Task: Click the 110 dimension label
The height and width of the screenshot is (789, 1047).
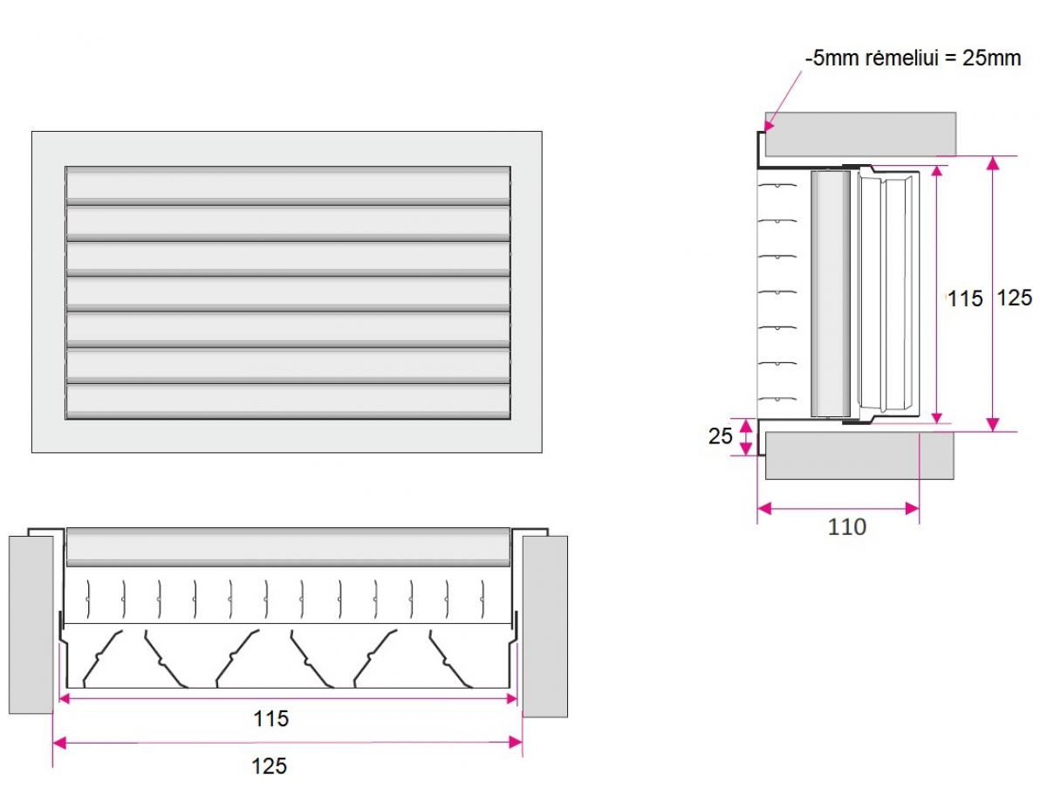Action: (846, 527)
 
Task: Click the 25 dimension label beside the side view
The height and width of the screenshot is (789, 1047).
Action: (720, 436)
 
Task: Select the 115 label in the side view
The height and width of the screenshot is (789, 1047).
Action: (964, 299)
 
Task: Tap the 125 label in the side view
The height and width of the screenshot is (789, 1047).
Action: (1015, 298)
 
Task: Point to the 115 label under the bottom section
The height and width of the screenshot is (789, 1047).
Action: (271, 718)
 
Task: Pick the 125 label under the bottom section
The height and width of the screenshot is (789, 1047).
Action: (269, 766)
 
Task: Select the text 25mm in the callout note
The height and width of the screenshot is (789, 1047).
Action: (991, 58)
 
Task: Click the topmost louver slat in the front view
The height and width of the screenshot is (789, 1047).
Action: (288, 185)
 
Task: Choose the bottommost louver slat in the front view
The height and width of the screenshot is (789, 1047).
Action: (288, 401)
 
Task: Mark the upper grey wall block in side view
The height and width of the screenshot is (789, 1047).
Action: (860, 134)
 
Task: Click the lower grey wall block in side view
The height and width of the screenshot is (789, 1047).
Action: (859, 456)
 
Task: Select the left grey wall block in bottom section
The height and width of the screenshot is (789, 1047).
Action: (31, 625)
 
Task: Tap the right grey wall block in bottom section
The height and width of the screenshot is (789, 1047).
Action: (544, 627)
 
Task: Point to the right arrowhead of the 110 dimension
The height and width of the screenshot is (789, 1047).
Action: (912, 509)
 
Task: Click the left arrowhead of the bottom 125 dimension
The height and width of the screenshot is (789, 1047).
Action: (59, 742)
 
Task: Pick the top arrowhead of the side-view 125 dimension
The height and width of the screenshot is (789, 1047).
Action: (993, 163)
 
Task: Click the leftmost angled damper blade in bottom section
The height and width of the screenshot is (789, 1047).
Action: (102, 659)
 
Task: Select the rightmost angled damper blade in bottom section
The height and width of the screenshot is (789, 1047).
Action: (451, 660)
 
